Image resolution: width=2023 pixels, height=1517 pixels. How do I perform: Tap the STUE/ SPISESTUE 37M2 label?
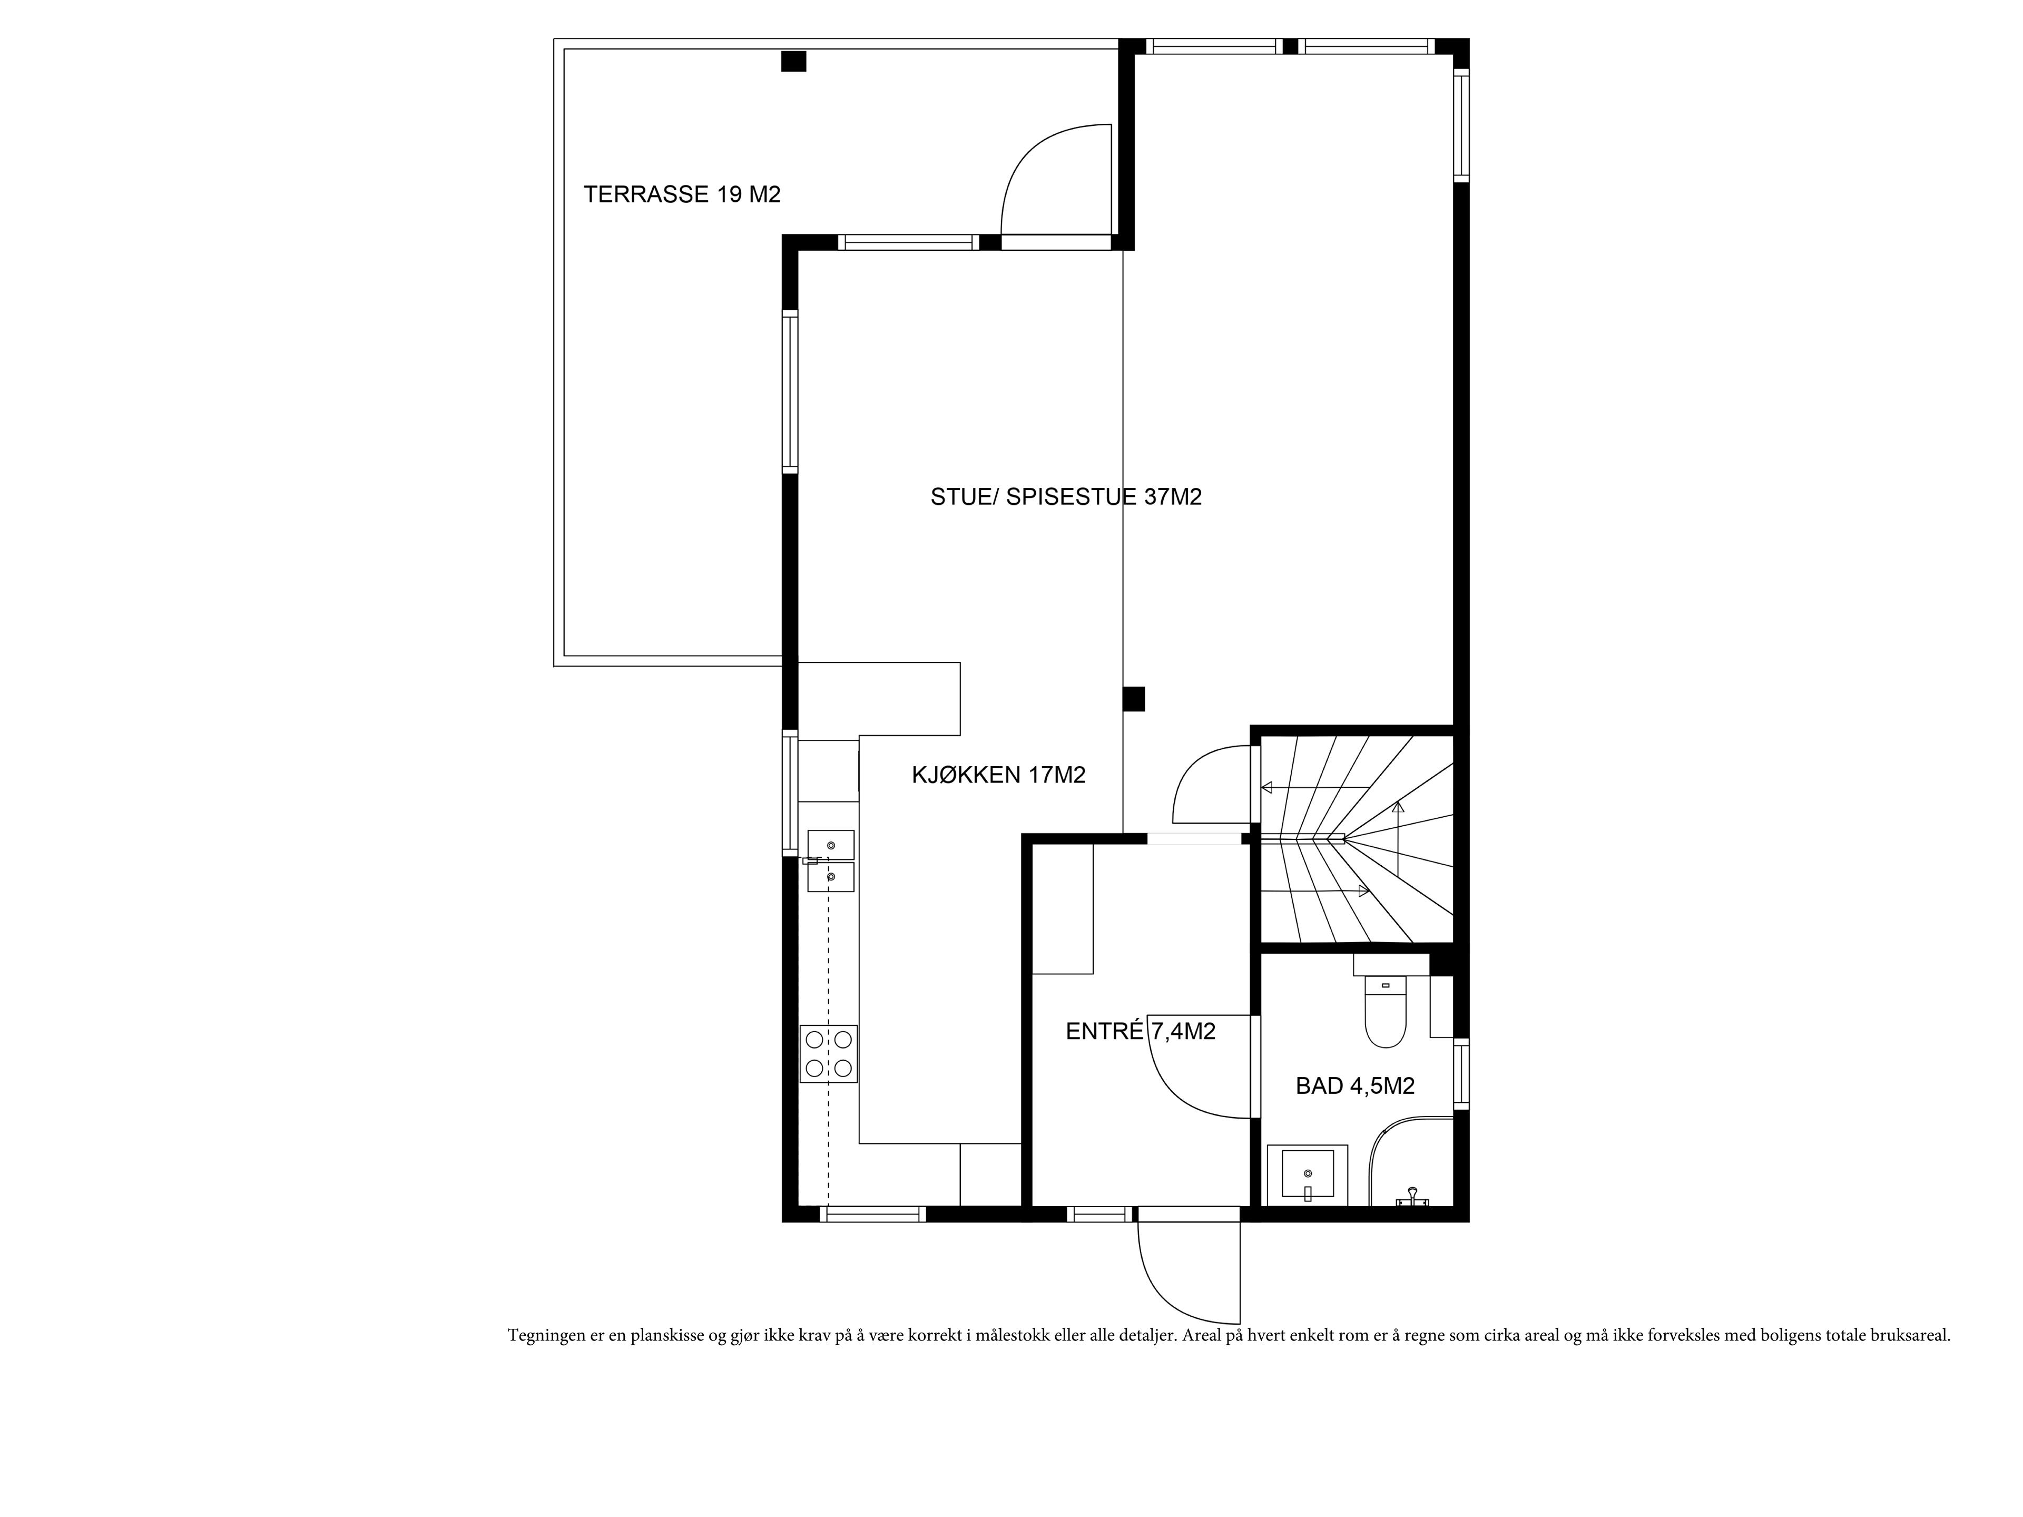pyautogui.click(x=1065, y=497)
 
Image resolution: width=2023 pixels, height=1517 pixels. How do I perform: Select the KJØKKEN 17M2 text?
pyautogui.click(x=999, y=775)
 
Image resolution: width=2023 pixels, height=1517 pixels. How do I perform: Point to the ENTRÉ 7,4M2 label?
pyautogui.click(x=1141, y=1031)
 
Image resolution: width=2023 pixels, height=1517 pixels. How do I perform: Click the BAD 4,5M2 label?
pyautogui.click(x=1356, y=1086)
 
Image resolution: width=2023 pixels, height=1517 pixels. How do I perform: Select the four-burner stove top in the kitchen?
pyautogui.click(x=829, y=1053)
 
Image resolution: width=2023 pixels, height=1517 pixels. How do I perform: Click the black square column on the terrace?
pyautogui.click(x=794, y=61)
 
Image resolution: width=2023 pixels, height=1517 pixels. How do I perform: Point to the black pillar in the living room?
pyautogui.click(x=1134, y=699)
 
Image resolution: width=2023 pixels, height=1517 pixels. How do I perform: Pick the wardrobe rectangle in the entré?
pyautogui.click(x=1063, y=908)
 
